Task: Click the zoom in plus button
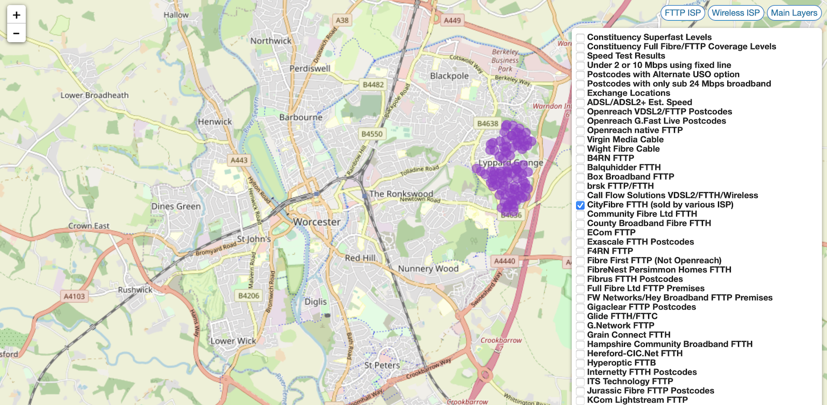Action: pos(17,15)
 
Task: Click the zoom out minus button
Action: pos(17,34)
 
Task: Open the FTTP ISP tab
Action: pos(682,13)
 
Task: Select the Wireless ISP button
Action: pos(736,13)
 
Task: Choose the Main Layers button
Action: pos(794,13)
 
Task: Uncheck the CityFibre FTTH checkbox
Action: pos(580,205)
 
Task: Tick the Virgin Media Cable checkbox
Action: pos(580,140)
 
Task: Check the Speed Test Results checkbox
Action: pos(580,56)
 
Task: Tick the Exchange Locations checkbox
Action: pos(580,94)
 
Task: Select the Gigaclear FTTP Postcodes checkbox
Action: pos(580,307)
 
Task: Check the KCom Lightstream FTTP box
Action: pos(580,400)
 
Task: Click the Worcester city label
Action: pos(317,222)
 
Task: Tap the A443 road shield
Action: pos(239,160)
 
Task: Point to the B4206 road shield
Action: pos(249,295)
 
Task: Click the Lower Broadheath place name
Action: pos(95,95)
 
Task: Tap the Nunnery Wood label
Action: pos(428,269)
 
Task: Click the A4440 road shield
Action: pos(504,261)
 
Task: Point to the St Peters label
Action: pos(382,365)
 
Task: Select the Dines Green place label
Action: pos(176,206)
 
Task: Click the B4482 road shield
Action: pos(373,85)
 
